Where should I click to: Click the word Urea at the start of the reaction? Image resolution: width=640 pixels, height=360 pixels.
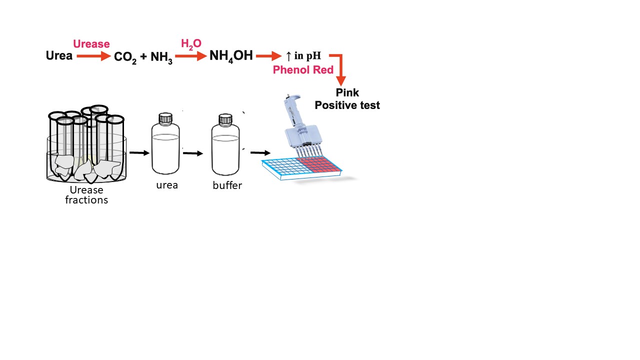point(59,55)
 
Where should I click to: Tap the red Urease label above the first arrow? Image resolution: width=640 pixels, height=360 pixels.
point(91,44)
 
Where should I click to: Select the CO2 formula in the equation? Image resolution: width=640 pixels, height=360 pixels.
point(125,57)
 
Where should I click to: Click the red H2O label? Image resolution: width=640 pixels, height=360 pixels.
point(191,44)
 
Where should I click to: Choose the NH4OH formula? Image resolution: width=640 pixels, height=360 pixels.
point(231,55)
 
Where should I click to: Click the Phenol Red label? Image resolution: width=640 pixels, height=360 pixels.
point(303,70)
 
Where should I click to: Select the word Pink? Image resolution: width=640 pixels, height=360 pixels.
point(347,93)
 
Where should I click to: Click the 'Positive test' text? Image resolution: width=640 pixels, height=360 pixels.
point(347,105)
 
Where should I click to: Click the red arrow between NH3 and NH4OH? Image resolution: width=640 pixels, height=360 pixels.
point(191,56)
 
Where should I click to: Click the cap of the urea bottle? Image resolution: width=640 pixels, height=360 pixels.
point(165,118)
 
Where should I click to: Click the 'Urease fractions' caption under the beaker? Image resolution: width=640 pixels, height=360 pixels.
point(86,195)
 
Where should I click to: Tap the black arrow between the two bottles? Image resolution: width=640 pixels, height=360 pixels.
point(193,153)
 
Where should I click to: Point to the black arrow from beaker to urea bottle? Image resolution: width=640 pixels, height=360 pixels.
point(139,152)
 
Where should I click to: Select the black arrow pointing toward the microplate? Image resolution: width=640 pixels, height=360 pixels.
point(260,152)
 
